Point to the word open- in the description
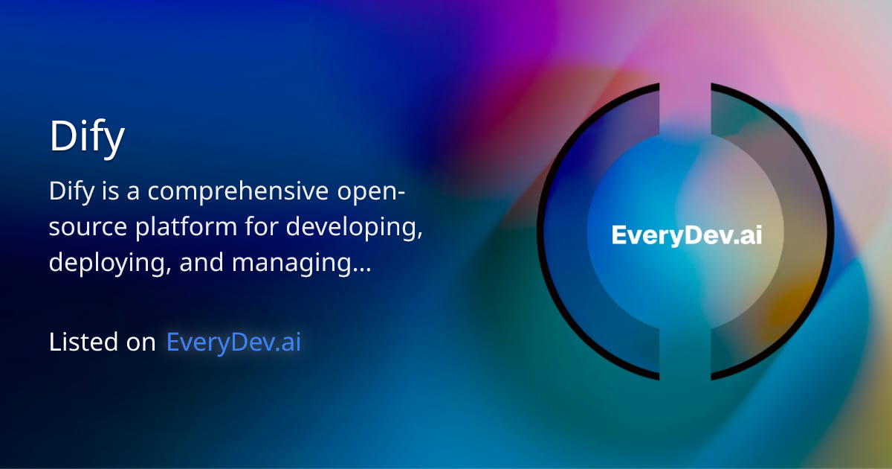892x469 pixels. click(x=369, y=192)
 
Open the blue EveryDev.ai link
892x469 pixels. click(x=234, y=342)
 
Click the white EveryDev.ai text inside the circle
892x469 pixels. click(x=686, y=235)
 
